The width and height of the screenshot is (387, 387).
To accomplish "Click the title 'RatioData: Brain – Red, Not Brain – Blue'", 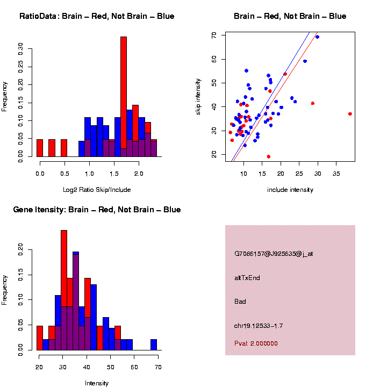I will tap(97, 17).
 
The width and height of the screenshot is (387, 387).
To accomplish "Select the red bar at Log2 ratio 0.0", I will tap(40, 148).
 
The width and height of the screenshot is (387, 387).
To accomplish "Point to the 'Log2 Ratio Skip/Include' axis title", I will tap(97, 190).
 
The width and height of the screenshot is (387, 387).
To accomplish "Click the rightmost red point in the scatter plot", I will tap(350, 114).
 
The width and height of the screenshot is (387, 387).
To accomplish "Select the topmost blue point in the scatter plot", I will tap(317, 37).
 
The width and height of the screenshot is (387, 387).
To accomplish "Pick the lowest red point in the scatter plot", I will tap(268, 156).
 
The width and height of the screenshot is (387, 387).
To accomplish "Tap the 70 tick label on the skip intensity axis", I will tap(214, 35).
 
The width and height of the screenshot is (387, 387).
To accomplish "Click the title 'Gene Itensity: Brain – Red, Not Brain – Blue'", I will tap(97, 210).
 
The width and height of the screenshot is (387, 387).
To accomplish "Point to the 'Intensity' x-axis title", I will tap(97, 383).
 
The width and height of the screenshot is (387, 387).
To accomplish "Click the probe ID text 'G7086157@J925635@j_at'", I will tap(274, 254).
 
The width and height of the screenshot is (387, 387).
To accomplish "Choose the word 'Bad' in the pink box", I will tap(240, 302).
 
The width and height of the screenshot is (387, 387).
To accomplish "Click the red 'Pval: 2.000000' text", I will tap(256, 343).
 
